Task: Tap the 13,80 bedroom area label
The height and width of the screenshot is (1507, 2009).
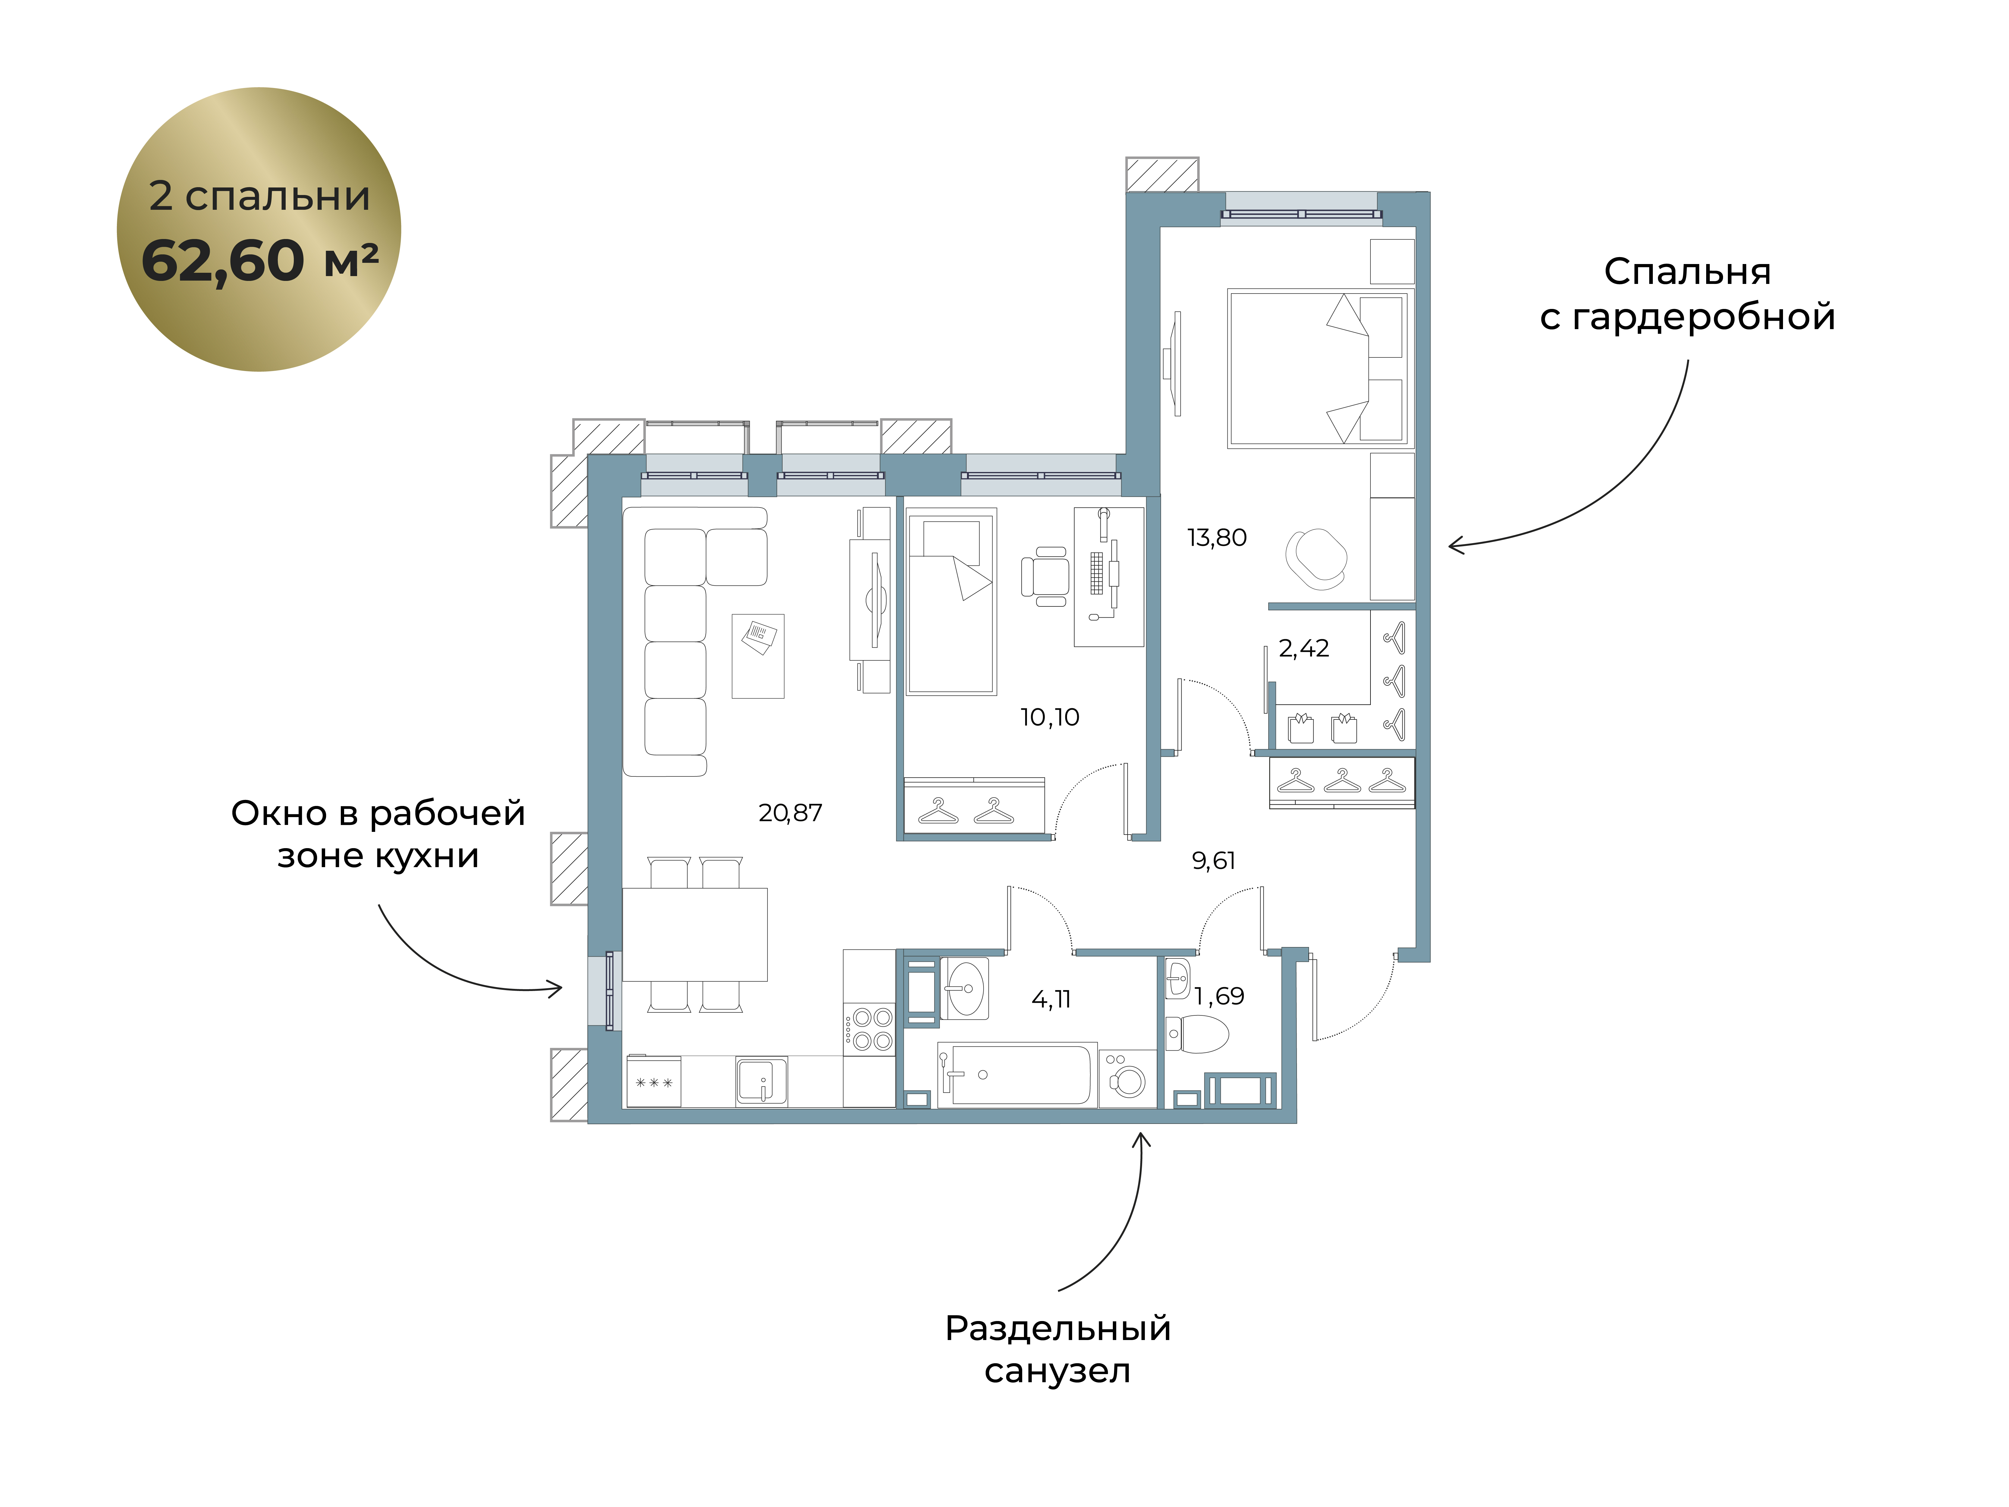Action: (x=1217, y=538)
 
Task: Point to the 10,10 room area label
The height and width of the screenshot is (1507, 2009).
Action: (x=1050, y=718)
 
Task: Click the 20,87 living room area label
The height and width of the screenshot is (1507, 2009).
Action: (x=790, y=813)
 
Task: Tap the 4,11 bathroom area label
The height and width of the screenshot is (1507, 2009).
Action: (x=1051, y=999)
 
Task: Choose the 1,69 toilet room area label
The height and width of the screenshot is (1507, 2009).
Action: (x=1219, y=996)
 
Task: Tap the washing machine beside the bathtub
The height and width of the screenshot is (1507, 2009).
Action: (x=1127, y=1079)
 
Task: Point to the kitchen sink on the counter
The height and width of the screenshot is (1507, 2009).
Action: (x=761, y=1081)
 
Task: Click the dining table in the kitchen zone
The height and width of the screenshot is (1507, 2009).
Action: (x=695, y=935)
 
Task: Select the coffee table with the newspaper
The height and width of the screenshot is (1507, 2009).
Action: (x=758, y=656)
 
